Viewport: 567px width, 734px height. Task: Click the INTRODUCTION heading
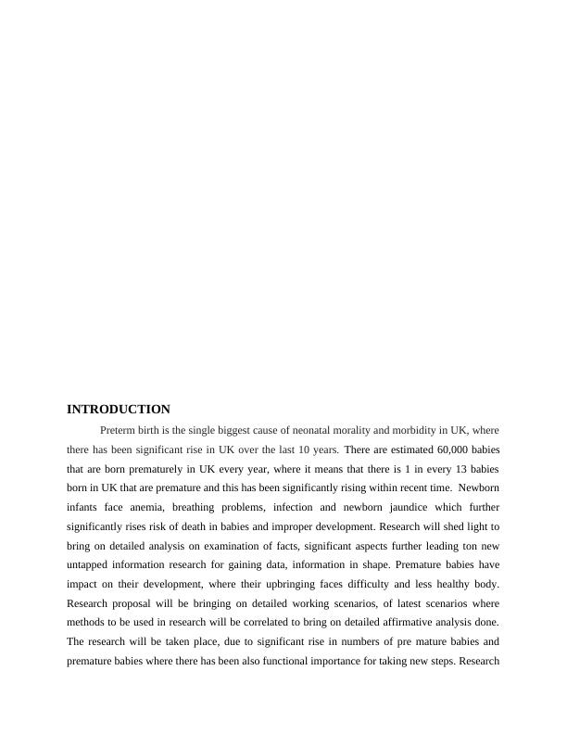point(119,409)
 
